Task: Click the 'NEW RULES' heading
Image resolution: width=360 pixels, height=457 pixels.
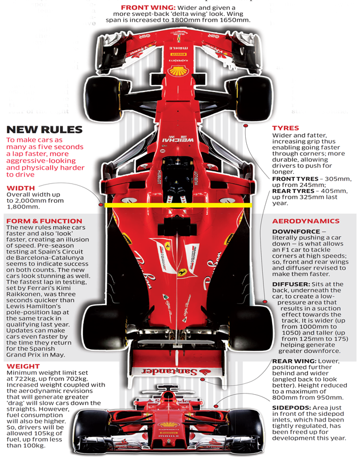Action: point(45,129)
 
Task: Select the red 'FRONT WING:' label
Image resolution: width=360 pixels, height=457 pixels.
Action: point(141,7)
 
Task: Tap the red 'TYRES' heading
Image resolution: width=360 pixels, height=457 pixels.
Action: point(285,128)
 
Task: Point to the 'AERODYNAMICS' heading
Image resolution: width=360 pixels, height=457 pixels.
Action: point(306,221)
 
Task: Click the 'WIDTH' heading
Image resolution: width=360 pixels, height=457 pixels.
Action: point(21,188)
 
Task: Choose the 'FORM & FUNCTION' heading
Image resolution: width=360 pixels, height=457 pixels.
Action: point(44,221)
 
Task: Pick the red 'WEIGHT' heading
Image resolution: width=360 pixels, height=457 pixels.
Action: point(23,366)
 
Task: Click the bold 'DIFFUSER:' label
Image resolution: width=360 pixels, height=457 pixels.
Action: point(292,283)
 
